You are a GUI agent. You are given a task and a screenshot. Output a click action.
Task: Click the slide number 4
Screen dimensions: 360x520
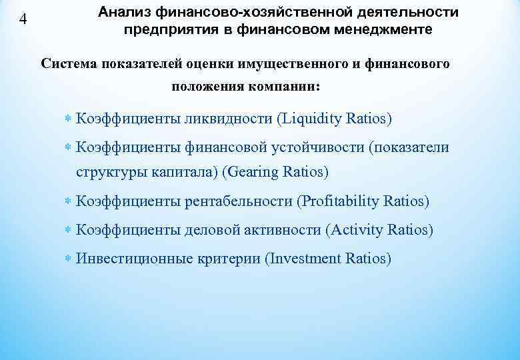tap(23, 19)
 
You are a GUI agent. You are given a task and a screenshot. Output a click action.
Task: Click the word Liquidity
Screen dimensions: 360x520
tap(313, 119)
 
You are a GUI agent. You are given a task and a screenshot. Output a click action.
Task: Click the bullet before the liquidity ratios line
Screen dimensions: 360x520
tap(69, 119)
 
